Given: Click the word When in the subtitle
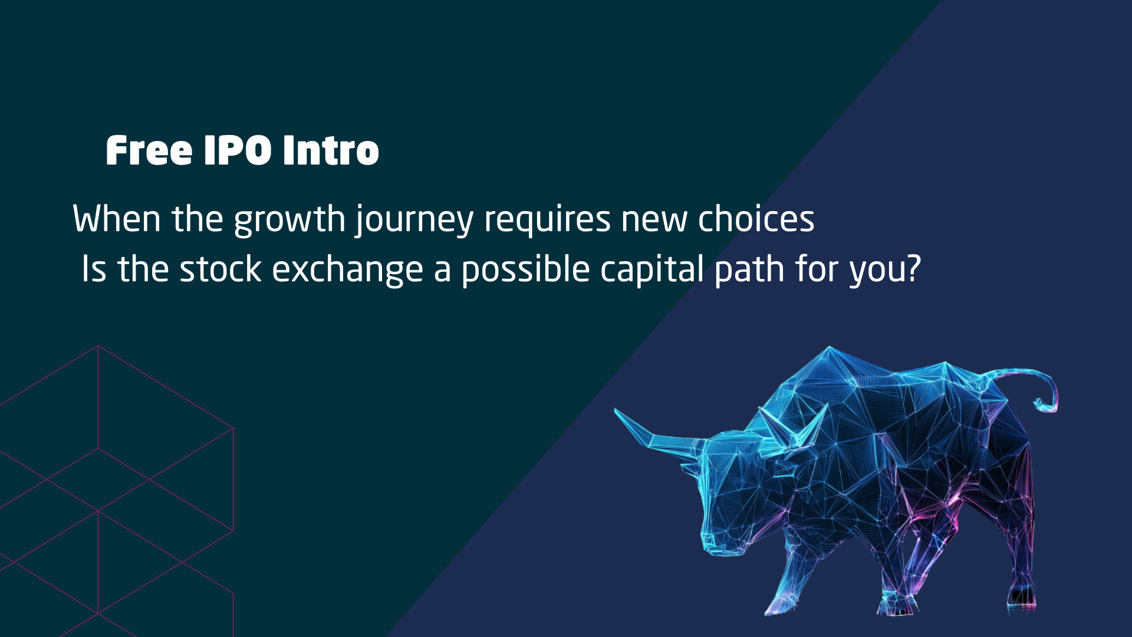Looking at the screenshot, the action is (117, 219).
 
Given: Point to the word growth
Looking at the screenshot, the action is (289, 220).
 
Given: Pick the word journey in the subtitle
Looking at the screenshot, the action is (414, 220).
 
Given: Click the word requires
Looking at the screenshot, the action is (547, 220).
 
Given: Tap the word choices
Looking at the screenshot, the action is (756, 219).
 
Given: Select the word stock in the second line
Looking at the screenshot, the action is (221, 269).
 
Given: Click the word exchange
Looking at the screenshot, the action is (347, 271).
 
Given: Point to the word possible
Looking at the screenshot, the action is (525, 271).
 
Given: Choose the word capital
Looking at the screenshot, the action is (652, 271).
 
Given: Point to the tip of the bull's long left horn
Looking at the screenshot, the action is (616, 410).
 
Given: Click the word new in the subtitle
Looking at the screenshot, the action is (654, 220).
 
